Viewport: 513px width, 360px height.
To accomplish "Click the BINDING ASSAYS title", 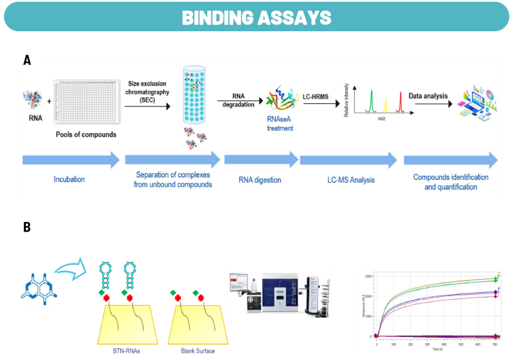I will click(256, 17).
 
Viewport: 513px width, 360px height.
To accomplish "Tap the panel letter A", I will click(27, 60).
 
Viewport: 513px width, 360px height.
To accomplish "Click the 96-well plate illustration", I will click(88, 101).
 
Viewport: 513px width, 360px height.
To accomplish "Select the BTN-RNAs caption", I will click(126, 351).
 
